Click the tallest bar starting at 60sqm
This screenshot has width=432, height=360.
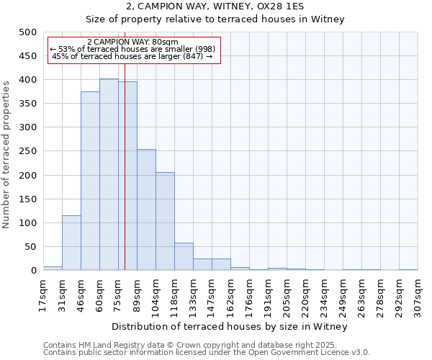[x=109, y=174]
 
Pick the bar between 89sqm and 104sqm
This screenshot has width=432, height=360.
[x=146, y=210]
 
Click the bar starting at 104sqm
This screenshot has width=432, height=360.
[x=165, y=221]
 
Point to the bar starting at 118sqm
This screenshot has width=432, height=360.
[x=184, y=256]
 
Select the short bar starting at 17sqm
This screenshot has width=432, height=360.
[x=53, y=268]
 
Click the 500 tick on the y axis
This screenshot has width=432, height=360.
[x=27, y=32]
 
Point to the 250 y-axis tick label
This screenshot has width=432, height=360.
[x=27, y=151]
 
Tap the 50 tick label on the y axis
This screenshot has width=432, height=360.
[x=30, y=247]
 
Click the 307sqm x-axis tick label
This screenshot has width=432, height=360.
[x=418, y=294]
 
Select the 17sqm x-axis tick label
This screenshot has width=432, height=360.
[x=44, y=294]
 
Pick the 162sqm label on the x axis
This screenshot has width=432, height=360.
[x=231, y=294]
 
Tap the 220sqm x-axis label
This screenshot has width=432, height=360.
[x=306, y=294]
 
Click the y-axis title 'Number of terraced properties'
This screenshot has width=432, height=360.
[x=6, y=154]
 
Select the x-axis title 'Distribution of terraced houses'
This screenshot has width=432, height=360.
[x=230, y=326]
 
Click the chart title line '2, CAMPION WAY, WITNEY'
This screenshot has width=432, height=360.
[x=215, y=6]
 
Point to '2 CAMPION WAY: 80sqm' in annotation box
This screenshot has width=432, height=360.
[x=132, y=42]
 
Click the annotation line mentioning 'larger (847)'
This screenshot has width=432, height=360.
[x=132, y=56]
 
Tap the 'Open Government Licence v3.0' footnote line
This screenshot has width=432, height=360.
[x=207, y=353]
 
